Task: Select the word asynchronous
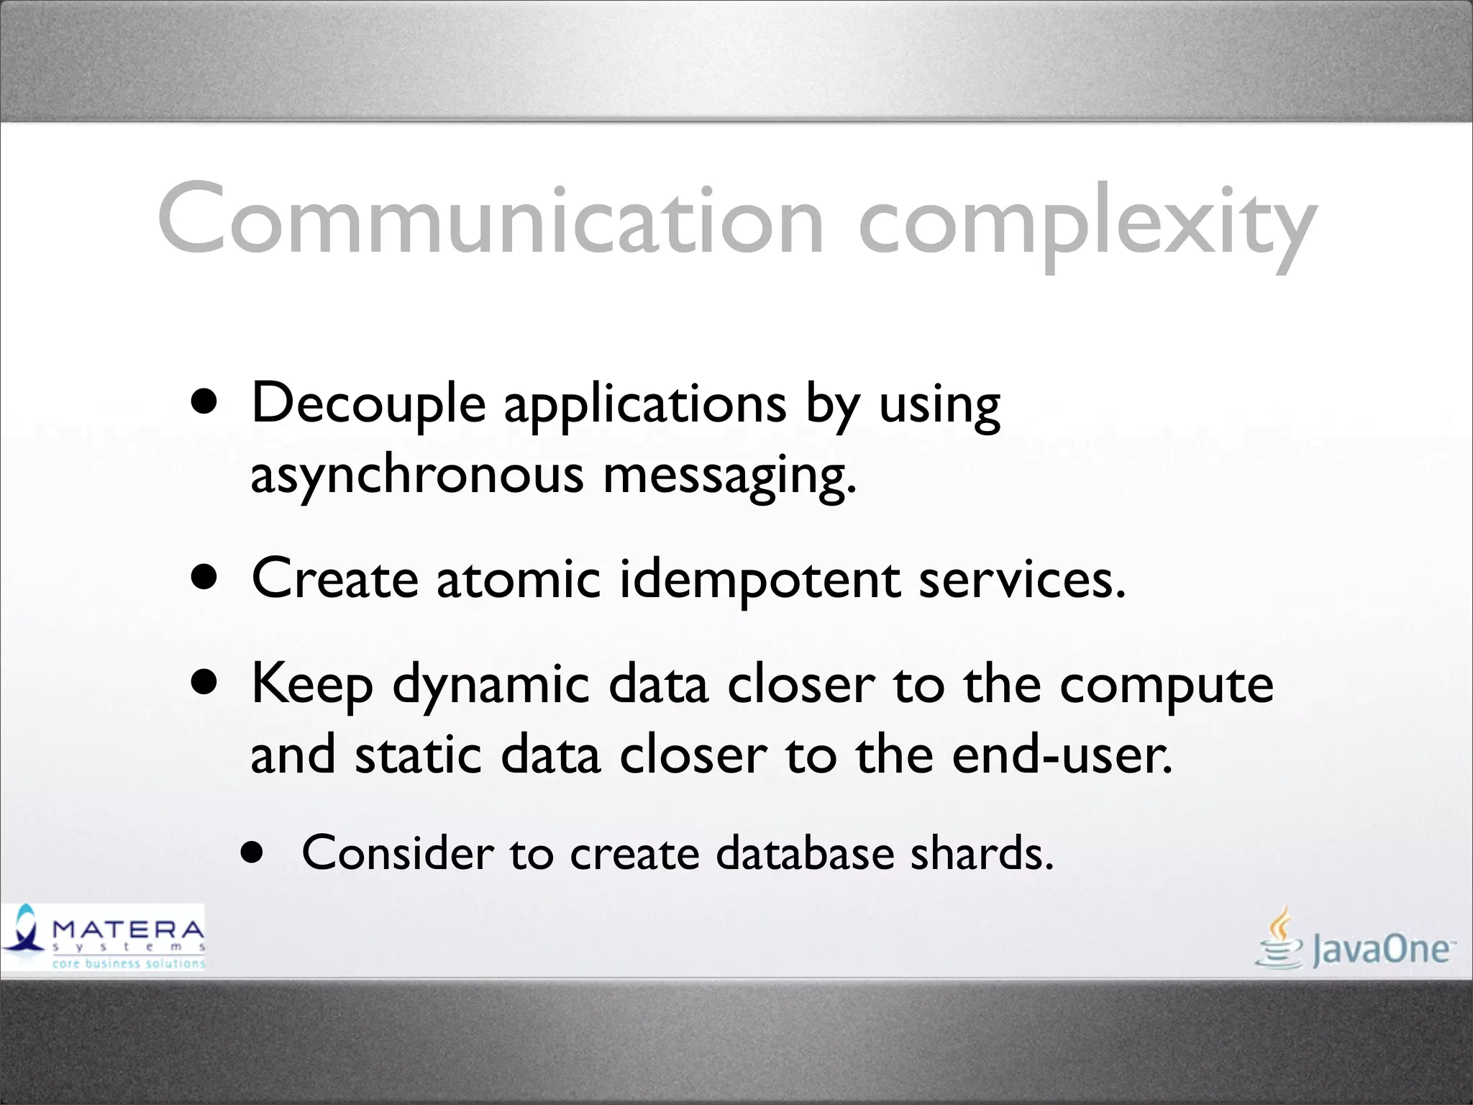coord(416,476)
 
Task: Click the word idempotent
coord(759,579)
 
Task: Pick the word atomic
coord(518,579)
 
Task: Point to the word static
coord(418,755)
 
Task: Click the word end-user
coord(1062,755)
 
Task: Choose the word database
coord(805,853)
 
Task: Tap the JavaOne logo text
coord(1381,950)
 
